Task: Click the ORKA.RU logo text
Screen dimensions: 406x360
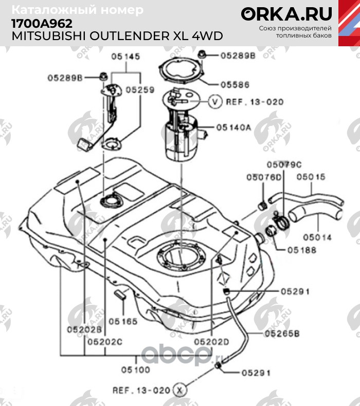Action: [286, 13]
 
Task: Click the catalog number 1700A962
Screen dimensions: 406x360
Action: [42, 24]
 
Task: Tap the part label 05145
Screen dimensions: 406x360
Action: [125, 57]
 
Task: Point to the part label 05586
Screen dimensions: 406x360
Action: [235, 84]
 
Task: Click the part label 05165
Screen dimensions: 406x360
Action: [123, 321]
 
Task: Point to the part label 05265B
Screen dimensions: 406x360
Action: [282, 334]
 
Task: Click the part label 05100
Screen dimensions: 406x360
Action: [136, 369]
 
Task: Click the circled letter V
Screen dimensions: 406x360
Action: [215, 102]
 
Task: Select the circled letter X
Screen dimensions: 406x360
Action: [179, 390]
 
